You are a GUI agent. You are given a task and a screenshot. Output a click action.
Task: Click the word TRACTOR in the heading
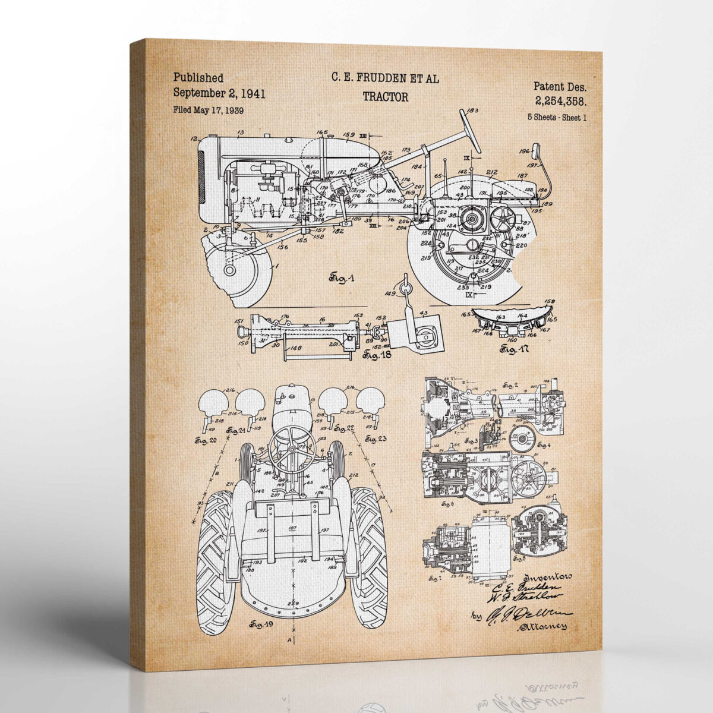[385, 97]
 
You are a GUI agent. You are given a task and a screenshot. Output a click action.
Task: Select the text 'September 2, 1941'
[219, 93]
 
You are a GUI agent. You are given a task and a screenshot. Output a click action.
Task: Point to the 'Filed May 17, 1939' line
[208, 110]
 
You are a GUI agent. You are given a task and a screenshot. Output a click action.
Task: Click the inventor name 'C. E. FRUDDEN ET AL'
[385, 78]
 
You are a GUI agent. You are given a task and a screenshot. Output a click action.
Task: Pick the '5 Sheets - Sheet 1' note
[557, 117]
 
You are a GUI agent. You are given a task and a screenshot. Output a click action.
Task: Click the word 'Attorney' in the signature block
[542, 626]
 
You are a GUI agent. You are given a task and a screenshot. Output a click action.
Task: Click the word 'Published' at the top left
[198, 78]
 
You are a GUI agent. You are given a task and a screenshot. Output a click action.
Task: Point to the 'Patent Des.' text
[559, 86]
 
